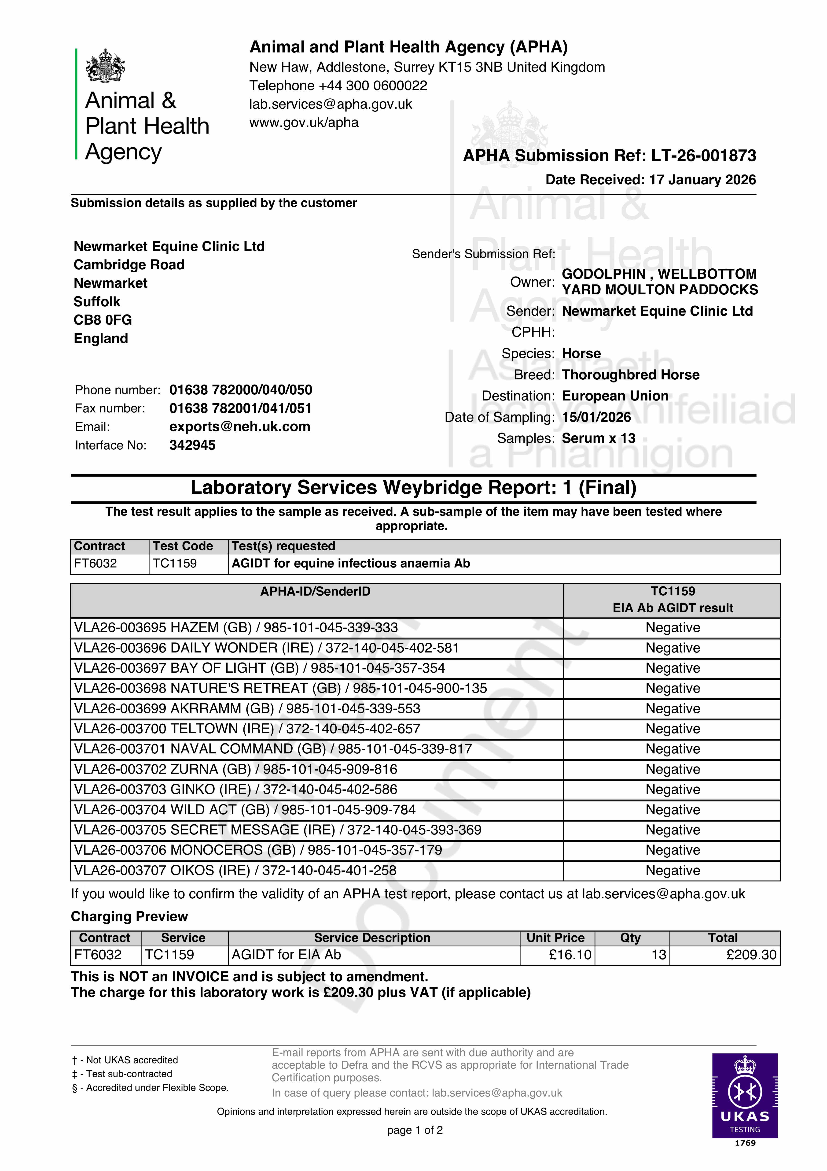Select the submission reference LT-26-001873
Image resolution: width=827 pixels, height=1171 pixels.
(704, 156)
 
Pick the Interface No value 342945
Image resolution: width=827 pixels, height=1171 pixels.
(192, 445)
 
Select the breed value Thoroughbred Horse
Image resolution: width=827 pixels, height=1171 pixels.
(630, 375)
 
